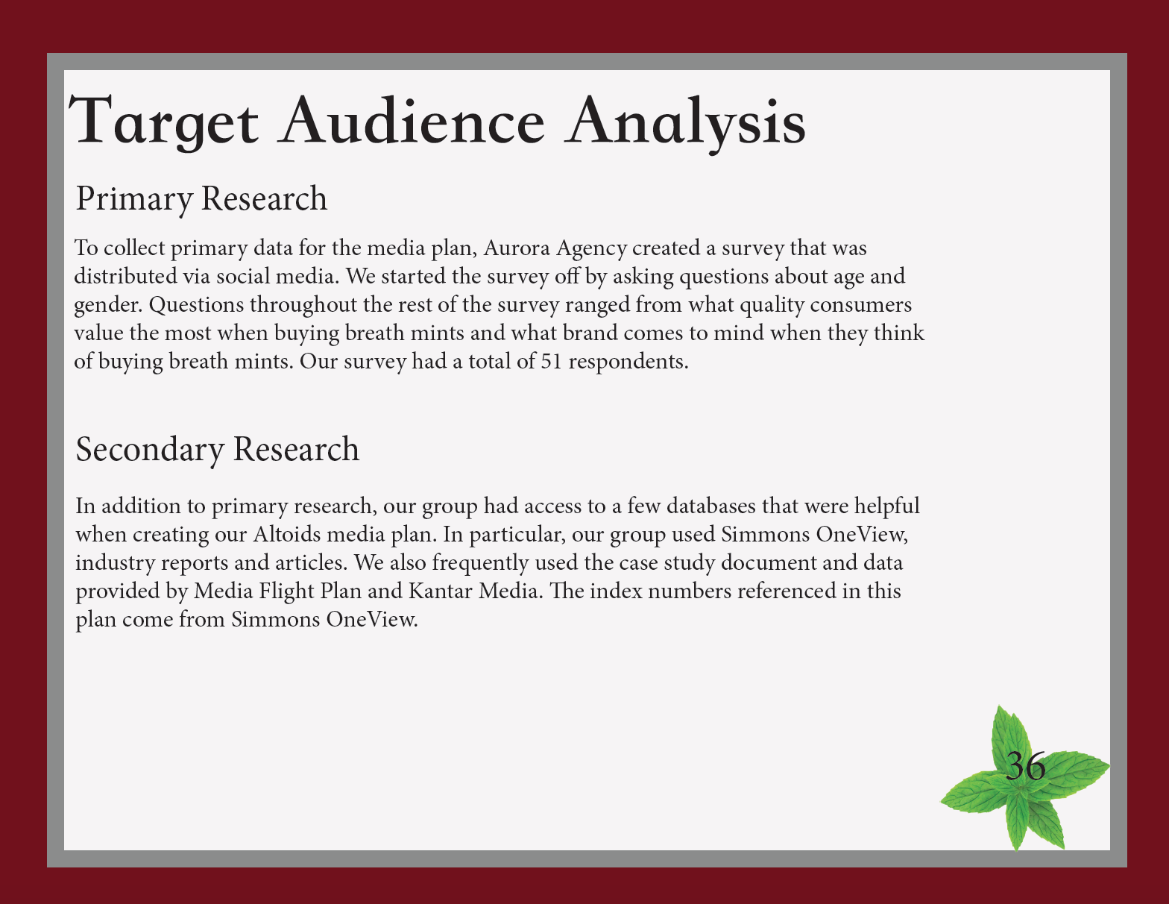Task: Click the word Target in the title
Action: (x=163, y=122)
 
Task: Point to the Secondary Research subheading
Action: (x=218, y=450)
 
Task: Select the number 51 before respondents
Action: (x=552, y=361)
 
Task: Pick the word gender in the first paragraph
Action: (x=108, y=306)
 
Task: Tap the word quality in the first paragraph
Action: (x=772, y=306)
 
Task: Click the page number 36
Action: (x=1025, y=766)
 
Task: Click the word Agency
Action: (x=592, y=249)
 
